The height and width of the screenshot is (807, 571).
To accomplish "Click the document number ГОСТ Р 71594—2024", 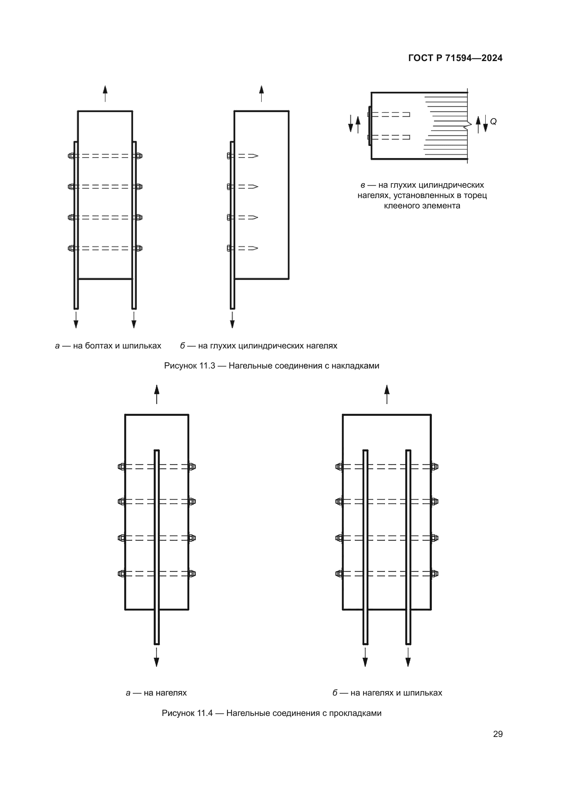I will point(455,58).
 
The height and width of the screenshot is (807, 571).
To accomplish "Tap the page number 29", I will point(497,734).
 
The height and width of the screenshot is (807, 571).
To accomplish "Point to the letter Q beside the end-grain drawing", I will point(493,121).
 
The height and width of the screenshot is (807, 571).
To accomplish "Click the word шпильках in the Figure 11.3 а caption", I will point(142,346).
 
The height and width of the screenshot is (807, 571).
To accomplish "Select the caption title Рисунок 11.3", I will point(190,365).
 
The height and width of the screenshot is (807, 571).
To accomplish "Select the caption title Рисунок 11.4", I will point(187,713).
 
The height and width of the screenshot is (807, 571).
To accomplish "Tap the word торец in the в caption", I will point(476,195).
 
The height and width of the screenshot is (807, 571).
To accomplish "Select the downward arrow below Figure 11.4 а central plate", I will point(156,657).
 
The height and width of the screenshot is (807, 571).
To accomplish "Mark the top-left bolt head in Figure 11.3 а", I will point(71,156).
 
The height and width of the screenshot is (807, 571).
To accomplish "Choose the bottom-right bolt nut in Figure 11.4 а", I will point(192,574).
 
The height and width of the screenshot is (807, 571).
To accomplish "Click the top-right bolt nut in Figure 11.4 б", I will point(435,467).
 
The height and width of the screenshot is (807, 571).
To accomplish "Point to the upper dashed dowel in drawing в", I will point(390,115).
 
